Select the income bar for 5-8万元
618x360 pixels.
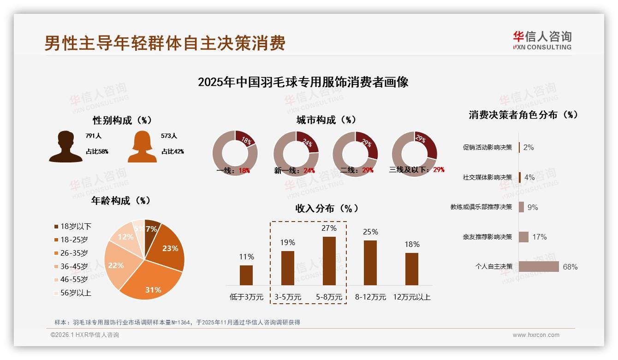tap(329, 261)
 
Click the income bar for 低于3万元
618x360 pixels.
tap(246, 275)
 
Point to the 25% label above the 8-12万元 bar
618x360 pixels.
tap(370, 232)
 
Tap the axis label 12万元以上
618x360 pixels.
tap(411, 297)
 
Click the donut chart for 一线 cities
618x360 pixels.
tap(235, 153)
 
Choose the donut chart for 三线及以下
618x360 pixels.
tap(414, 153)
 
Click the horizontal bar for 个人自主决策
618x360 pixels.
tap(539, 267)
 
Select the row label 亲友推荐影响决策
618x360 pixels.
tap(487, 237)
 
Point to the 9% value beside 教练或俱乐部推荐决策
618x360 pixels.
tap(533, 207)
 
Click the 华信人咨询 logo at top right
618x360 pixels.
tap(542, 40)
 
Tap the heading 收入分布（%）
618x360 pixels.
tap(327, 208)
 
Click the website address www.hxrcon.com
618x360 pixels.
tap(536, 335)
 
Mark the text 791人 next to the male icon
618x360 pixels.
tap(93, 136)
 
